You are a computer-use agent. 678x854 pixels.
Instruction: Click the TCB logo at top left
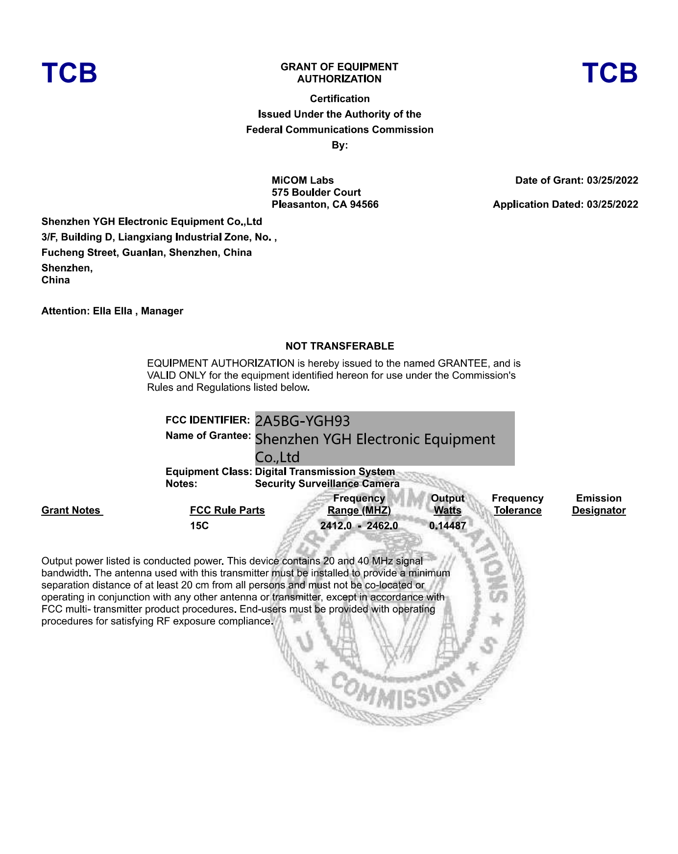pos(69,73)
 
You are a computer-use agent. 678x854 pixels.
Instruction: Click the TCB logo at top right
pos(609,73)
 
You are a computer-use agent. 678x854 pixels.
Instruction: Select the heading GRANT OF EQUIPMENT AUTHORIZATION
pos(339,73)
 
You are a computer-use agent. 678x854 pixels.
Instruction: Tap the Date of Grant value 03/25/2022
pos(612,180)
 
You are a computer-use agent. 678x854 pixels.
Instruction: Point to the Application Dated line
pos(565,204)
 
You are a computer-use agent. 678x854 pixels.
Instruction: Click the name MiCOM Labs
pos(303,180)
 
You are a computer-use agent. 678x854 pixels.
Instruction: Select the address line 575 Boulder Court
pos(316,192)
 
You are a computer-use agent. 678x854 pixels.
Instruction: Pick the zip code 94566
pos(364,204)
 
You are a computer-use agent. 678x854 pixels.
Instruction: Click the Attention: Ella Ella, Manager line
pos(112,311)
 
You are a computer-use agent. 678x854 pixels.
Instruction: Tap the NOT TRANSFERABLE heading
pos(339,346)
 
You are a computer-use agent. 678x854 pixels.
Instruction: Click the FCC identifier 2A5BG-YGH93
pos(303,421)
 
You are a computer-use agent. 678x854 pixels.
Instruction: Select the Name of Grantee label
pos(208,436)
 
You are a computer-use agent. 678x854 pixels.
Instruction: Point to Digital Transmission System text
pos(325,472)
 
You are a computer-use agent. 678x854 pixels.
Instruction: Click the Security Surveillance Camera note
pos(327,484)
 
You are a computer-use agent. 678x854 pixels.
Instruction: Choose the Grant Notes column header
pos(72,510)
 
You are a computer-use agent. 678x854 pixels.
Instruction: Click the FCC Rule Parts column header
pos(227,510)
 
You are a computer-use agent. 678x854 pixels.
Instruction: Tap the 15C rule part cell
pos(199,526)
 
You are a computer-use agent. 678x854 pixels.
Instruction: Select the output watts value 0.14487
pos(447,526)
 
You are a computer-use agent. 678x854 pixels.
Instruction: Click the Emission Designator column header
pos(599,504)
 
